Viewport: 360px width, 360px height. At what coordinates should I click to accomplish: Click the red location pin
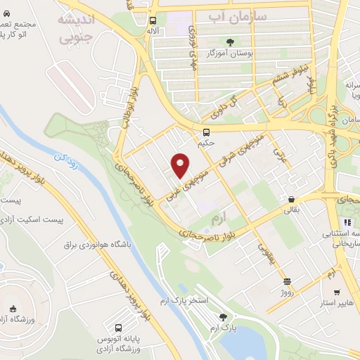pos(181,165)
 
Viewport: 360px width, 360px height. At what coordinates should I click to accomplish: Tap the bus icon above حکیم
pos(206,132)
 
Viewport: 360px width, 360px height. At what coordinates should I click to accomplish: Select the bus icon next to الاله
pos(153,21)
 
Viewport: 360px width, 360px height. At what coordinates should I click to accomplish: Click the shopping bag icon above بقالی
pos(290,199)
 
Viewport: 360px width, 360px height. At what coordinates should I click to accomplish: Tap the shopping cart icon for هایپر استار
pos(337,292)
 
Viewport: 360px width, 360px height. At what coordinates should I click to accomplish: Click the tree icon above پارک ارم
pos(224,317)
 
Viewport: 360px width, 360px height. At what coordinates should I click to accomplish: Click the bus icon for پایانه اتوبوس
pos(118,328)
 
